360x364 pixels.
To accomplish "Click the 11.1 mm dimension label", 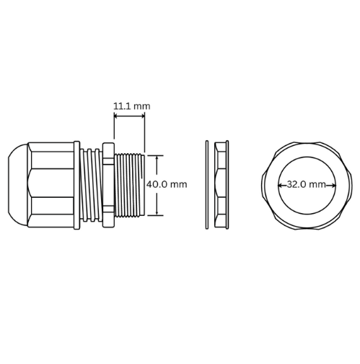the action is coord(132,106).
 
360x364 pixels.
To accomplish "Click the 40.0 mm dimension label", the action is coord(167,184).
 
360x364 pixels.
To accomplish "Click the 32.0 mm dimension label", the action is coord(307,185).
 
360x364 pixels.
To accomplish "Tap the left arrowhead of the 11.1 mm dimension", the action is coord(115,116).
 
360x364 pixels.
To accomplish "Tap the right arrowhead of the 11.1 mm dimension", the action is coord(143,116).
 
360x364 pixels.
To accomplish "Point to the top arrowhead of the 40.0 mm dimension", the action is coord(157,157).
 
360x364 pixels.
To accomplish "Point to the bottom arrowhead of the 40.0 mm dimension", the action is coord(157,213).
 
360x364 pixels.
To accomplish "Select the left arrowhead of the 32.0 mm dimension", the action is coord(280,185).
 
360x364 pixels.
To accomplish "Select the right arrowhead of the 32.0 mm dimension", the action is coord(333,185).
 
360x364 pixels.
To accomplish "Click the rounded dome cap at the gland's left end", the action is coord(18,185).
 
